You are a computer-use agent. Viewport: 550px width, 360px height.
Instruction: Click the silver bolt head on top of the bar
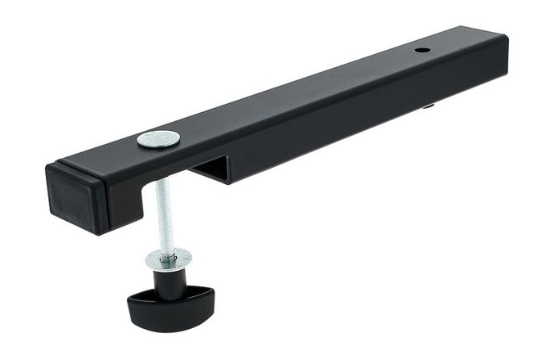(158, 139)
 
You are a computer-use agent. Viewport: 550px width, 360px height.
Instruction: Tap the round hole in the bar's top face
(422, 51)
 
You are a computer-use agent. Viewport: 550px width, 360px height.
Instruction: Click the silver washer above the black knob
(166, 260)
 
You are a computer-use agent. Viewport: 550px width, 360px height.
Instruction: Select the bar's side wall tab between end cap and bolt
(134, 192)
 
